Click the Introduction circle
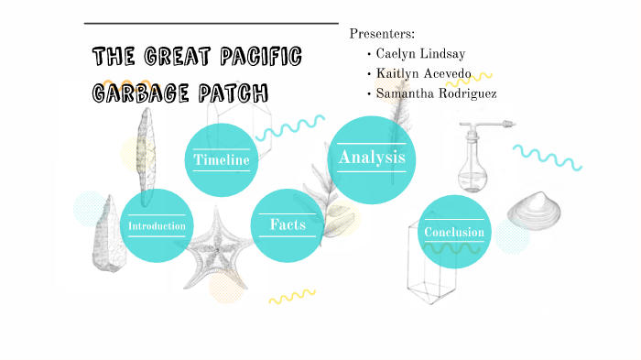click(x=157, y=225)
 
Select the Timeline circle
click(x=222, y=160)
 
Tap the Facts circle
click(x=287, y=224)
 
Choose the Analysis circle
click(x=371, y=158)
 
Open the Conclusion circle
click(x=453, y=232)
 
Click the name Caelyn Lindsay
click(x=419, y=54)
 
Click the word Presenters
click(x=382, y=34)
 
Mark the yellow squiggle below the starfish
click(x=291, y=296)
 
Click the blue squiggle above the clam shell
click(x=547, y=157)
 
